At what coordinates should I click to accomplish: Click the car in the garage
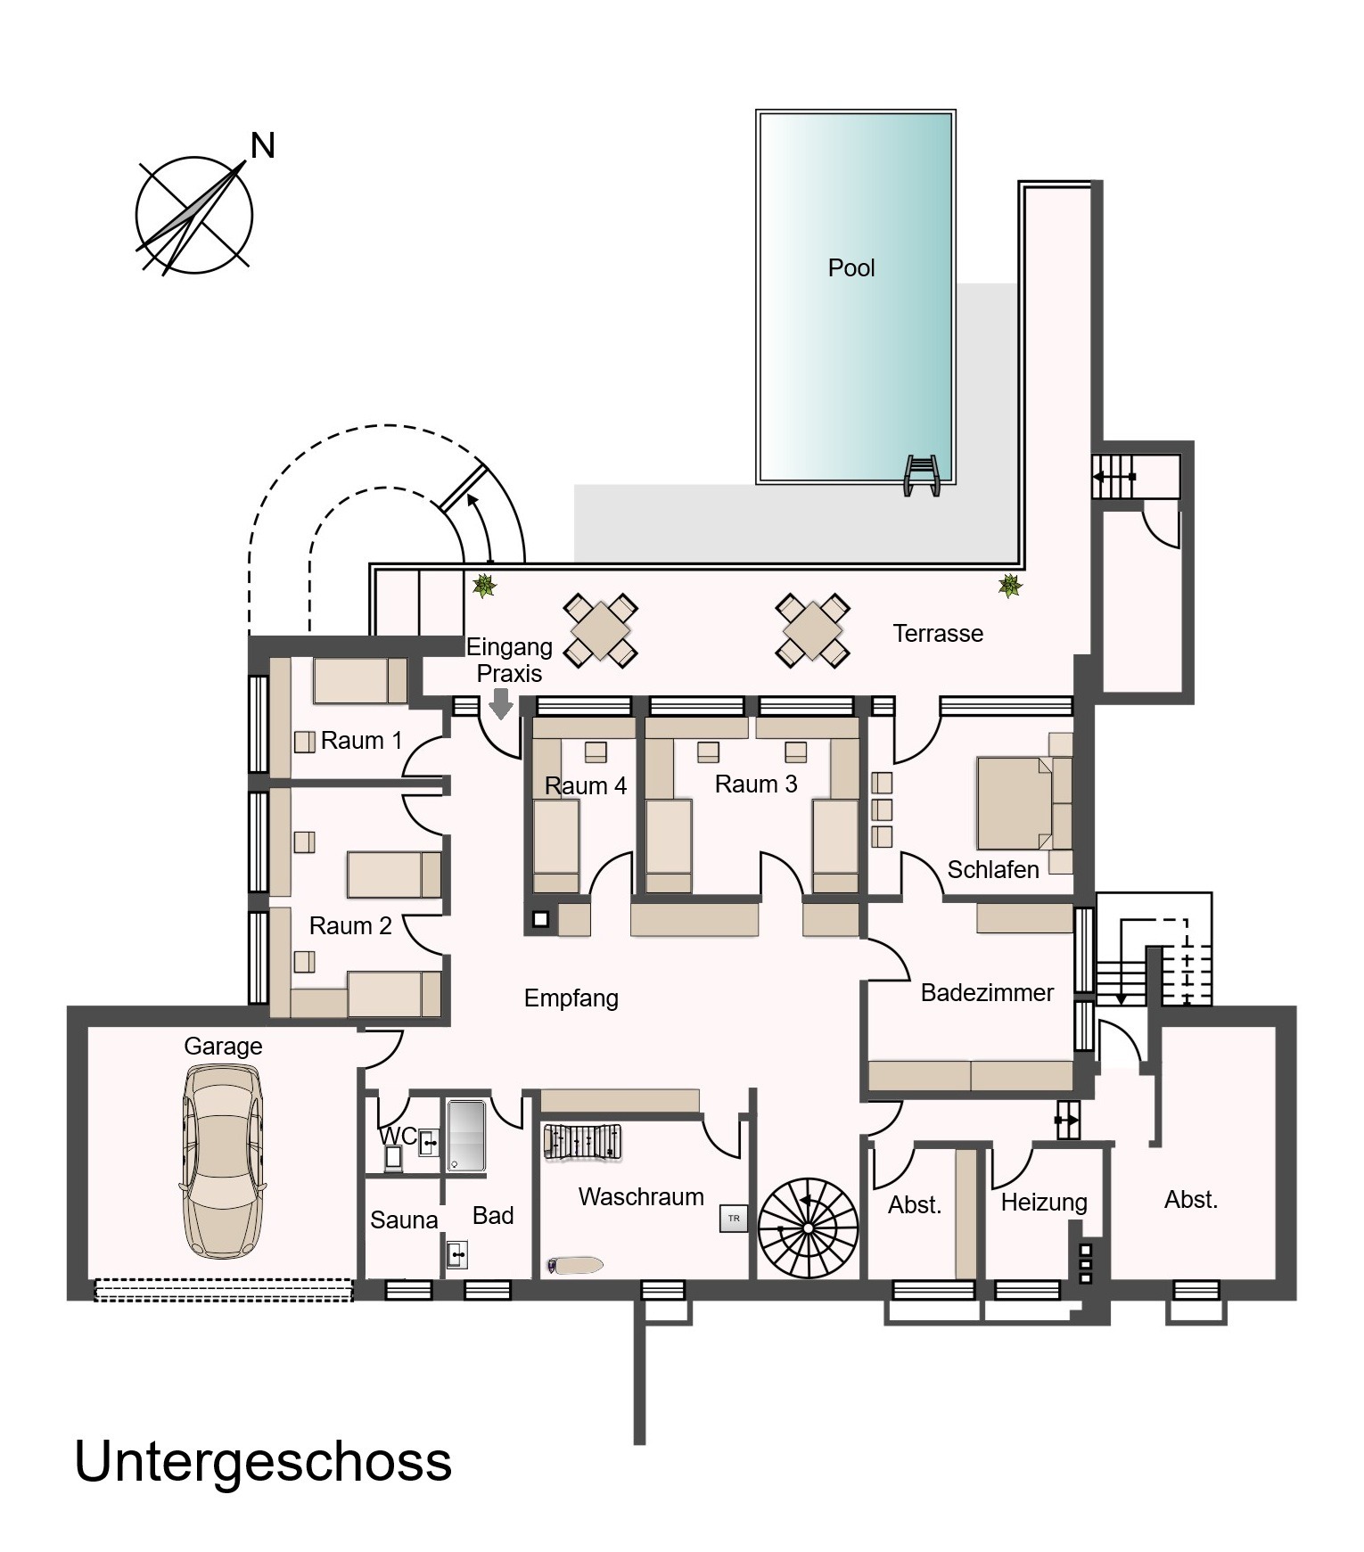tap(223, 1160)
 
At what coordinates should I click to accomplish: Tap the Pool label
tap(851, 268)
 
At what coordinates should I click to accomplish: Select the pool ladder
tap(922, 475)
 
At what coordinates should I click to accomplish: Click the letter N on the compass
tap(263, 145)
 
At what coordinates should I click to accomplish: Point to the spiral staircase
tap(808, 1228)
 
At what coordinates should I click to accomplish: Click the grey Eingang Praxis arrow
tap(501, 702)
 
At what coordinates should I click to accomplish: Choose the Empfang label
tap(571, 998)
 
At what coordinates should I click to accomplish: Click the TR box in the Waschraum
tap(734, 1219)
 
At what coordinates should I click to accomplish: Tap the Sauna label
tap(404, 1220)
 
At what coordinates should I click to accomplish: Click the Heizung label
tap(1044, 1203)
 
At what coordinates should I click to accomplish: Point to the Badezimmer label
tap(987, 993)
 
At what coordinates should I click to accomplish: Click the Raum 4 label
tap(586, 786)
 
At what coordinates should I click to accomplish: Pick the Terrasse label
tap(938, 634)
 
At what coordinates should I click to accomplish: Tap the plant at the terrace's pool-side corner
tap(1009, 586)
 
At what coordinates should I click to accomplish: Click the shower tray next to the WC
tap(466, 1136)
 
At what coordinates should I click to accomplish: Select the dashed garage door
tap(224, 1290)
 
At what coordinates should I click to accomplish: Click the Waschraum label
tap(641, 1197)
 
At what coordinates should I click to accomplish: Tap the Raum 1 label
tap(361, 741)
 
